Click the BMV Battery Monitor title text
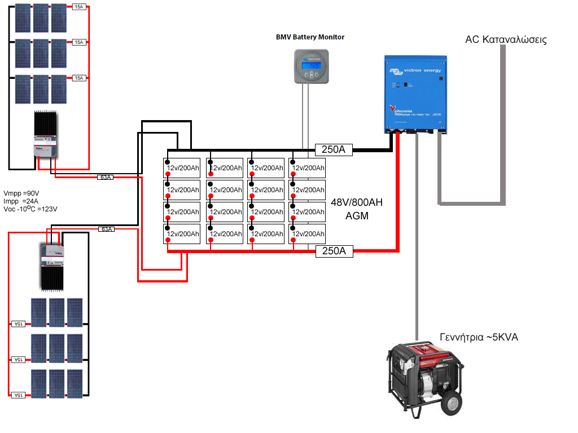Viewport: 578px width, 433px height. [310, 37]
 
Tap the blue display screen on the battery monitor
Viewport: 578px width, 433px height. [311, 65]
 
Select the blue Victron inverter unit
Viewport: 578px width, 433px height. [416, 94]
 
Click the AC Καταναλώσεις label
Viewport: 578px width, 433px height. [506, 40]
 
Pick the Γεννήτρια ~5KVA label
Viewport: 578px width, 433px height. [479, 337]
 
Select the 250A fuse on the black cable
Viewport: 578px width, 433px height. [334, 150]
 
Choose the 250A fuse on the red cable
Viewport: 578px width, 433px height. [334, 251]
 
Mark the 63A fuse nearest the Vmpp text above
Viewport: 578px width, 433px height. [106, 177]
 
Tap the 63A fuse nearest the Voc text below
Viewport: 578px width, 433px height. [106, 229]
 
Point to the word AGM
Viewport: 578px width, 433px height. [357, 215]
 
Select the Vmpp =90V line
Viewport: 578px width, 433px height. [21, 193]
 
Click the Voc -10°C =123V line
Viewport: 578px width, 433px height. [30, 209]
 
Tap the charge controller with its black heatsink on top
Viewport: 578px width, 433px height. [47, 135]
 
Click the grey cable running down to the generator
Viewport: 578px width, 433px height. [417, 237]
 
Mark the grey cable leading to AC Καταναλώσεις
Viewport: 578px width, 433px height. [501, 124]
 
